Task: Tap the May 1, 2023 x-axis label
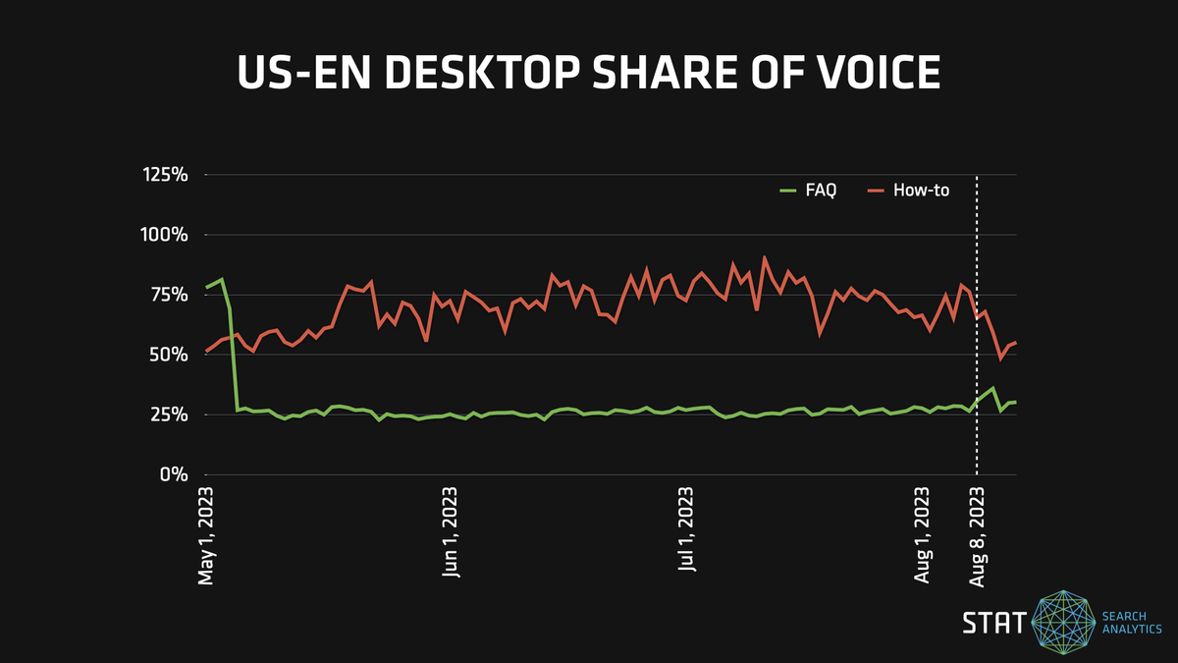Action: (x=206, y=533)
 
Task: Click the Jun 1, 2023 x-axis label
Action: (x=451, y=533)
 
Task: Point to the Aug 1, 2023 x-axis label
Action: (x=923, y=533)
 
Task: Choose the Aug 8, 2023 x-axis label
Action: (x=978, y=533)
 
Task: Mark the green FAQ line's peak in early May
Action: (x=222, y=279)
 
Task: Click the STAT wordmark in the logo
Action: (x=993, y=623)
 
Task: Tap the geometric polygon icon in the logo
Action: (x=1065, y=623)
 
